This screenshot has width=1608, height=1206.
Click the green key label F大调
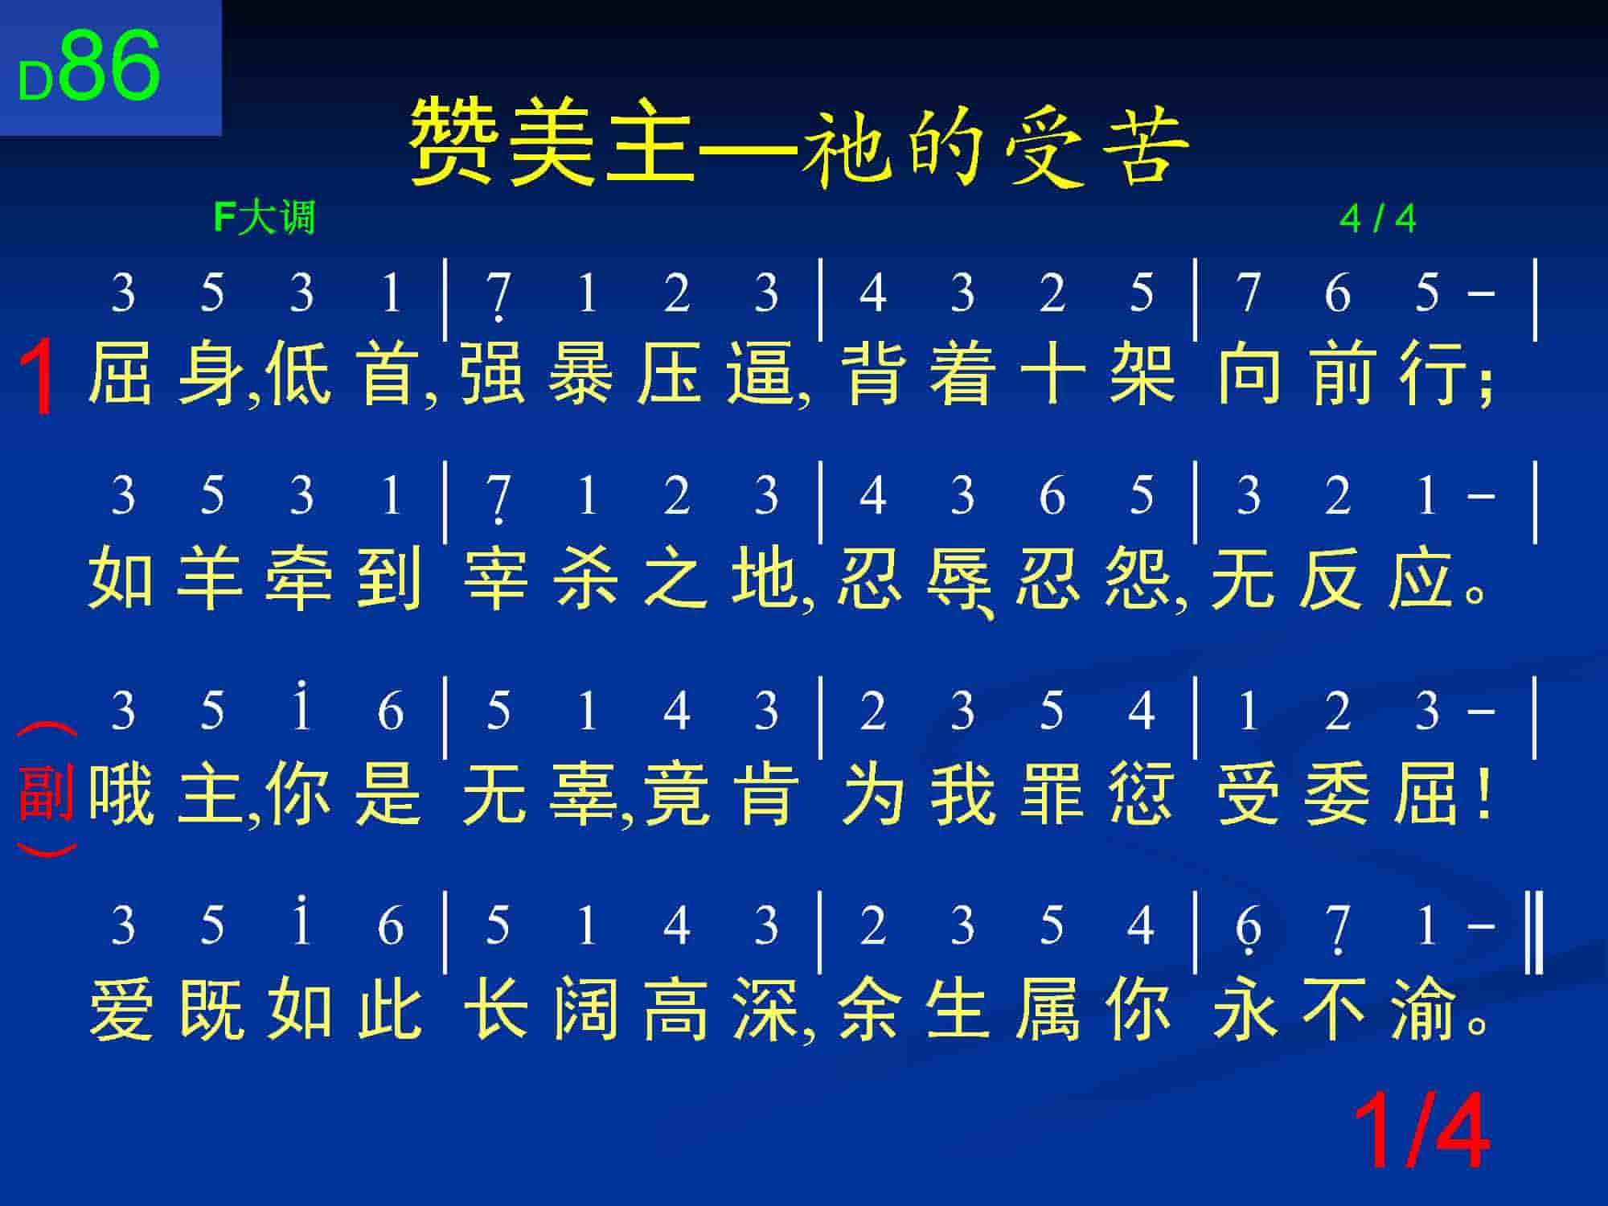pyautogui.click(x=265, y=218)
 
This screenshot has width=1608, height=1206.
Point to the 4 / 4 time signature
pyautogui.click(x=1378, y=219)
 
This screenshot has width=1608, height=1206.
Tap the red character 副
pyautogui.click(x=46, y=793)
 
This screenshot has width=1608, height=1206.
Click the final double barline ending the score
pyautogui.click(x=1534, y=931)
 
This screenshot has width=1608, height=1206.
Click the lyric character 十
pyautogui.click(x=1052, y=373)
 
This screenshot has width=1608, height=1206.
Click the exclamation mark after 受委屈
pyautogui.click(x=1484, y=794)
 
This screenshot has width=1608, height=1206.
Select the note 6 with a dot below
pyautogui.click(x=1247, y=929)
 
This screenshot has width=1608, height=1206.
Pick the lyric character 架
pyautogui.click(x=1142, y=373)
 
